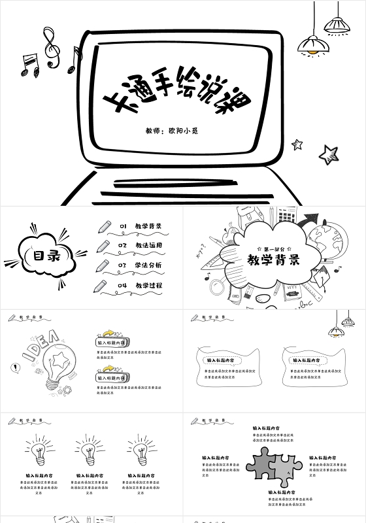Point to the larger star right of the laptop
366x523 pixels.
328,154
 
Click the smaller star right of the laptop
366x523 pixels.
297,144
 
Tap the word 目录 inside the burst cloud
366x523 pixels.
42,256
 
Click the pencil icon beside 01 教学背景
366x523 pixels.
103,227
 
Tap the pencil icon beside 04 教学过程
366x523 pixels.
100,286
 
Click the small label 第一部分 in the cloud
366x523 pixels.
274,249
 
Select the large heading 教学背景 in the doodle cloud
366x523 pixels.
274,261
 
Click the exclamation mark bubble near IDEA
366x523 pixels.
15,368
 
